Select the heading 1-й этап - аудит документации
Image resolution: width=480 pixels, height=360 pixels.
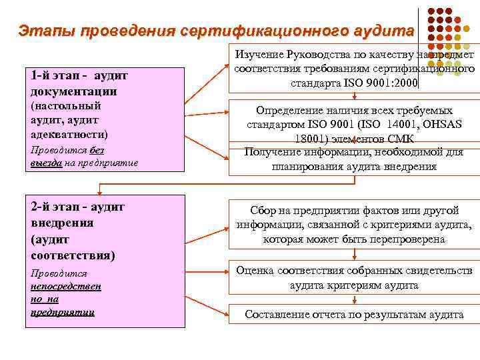pyautogui.click(x=79, y=83)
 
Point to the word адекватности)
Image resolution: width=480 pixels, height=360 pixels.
pyautogui.click(x=69, y=132)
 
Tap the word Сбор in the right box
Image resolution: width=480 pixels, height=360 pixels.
pyautogui.click(x=265, y=210)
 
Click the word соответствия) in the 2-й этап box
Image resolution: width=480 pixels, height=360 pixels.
pyautogui.click(x=73, y=255)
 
